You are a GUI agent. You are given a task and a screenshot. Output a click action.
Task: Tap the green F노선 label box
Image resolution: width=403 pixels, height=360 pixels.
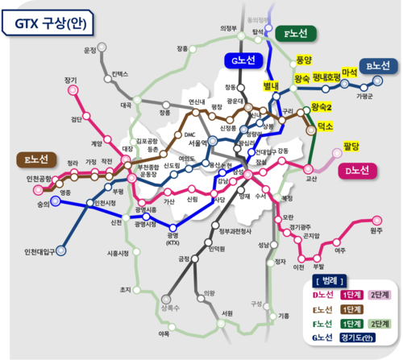pos(296,33)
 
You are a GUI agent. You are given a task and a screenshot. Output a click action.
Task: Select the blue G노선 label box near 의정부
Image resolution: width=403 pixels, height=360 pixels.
pos(239,59)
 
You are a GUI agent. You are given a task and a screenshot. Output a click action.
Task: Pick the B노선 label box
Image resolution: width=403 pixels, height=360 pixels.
pos(376,65)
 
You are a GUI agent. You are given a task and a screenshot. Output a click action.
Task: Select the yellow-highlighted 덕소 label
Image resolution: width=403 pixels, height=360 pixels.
pos(326,126)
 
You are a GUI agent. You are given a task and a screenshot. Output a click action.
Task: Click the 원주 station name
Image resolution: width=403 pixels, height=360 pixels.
pos(376,231)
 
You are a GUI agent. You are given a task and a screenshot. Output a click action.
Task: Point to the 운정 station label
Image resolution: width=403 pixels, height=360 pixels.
pos(89,50)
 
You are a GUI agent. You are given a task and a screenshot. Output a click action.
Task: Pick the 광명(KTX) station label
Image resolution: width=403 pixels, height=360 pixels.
pos(172,238)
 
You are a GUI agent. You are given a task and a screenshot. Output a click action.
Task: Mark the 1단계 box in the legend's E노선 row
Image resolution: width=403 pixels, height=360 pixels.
pos(351,308)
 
